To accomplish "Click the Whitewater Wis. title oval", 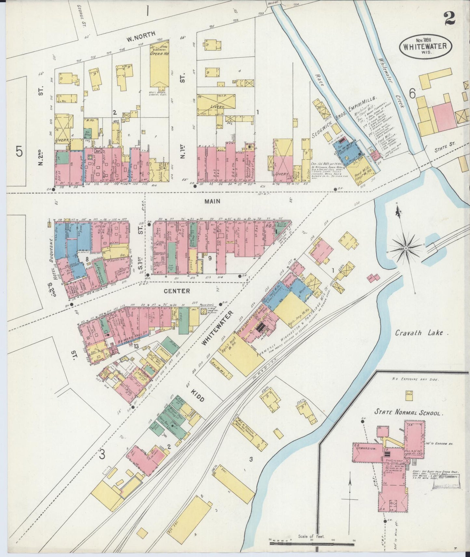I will pos(425,46).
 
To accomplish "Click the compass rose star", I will pos(406,248).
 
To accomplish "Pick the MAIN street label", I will pos(212,201).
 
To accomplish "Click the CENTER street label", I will pos(177,291).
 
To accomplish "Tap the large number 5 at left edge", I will pos(19,151).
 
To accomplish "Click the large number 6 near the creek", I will pos(412,94).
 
